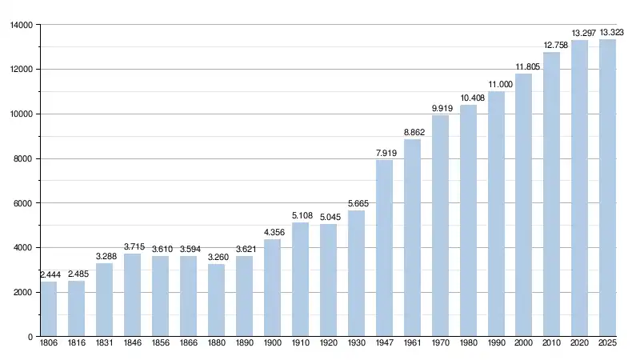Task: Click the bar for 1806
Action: click(48, 310)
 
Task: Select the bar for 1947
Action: click(384, 248)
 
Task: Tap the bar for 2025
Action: click(607, 188)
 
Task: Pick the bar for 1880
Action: click(216, 300)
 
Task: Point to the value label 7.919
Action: click(384, 153)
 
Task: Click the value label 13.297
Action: click(579, 33)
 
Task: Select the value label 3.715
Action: click(132, 246)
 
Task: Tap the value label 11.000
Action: click(496, 84)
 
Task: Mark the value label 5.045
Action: click(328, 217)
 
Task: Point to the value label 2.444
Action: click(48, 274)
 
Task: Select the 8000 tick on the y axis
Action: click(22, 158)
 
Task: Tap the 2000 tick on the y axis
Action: click(22, 292)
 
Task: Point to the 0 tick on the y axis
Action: click(29, 337)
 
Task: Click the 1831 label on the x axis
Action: click(104, 345)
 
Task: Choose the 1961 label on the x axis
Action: click(412, 345)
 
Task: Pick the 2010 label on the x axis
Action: click(551, 345)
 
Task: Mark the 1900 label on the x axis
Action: click(272, 345)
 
